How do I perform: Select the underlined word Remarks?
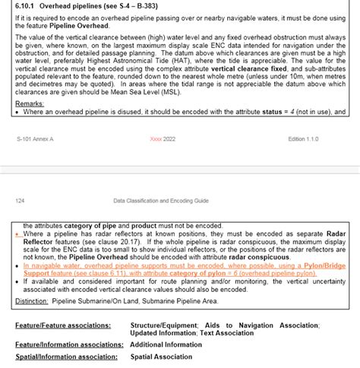[30, 103]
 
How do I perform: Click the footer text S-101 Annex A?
[35, 140]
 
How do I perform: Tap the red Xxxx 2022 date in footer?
[163, 140]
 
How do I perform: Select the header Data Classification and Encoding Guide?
[160, 200]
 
